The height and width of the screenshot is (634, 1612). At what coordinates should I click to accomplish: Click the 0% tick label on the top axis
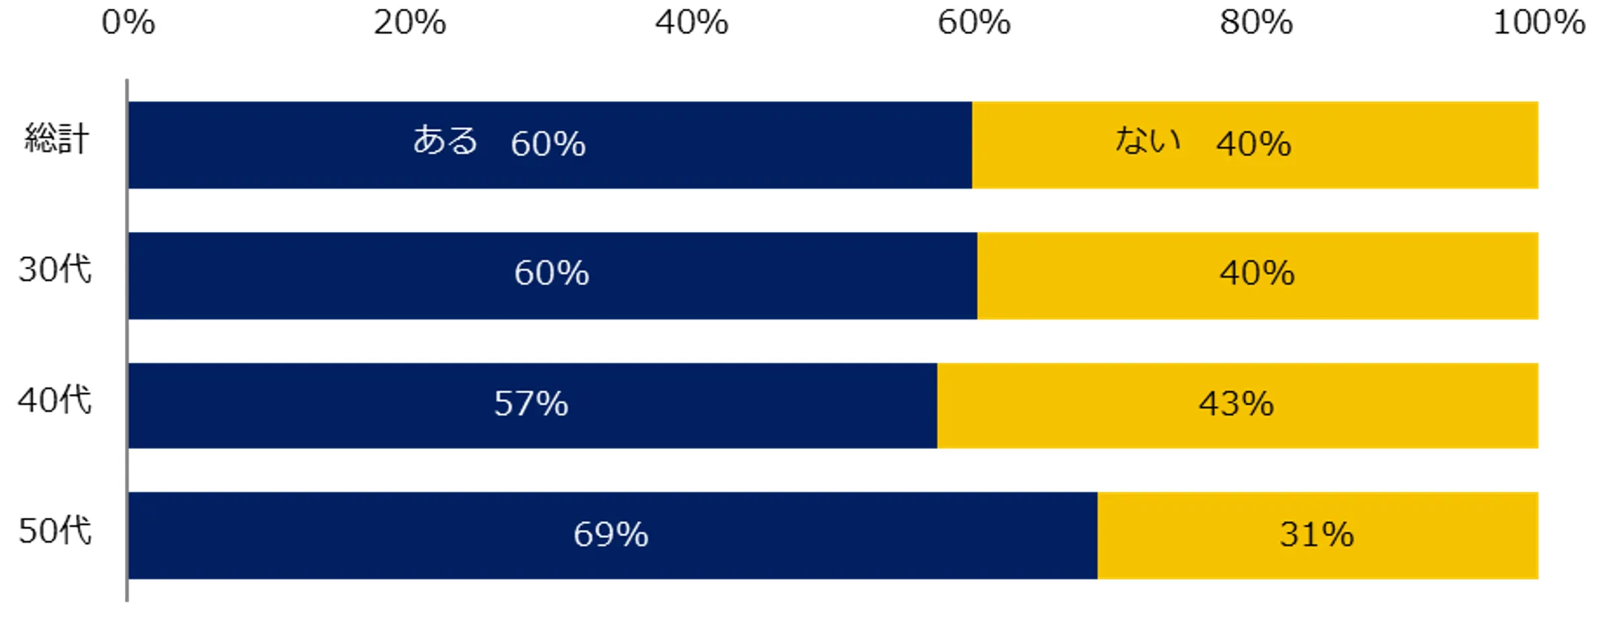(x=128, y=22)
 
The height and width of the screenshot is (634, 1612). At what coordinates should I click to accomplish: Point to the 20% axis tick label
(x=410, y=22)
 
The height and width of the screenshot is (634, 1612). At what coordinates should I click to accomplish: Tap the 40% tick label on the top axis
(x=691, y=22)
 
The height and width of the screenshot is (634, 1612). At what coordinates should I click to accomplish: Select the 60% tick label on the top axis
(x=974, y=22)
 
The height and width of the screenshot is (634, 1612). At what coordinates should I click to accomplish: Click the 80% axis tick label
(x=1255, y=22)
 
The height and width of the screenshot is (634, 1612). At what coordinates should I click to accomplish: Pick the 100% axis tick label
(x=1538, y=22)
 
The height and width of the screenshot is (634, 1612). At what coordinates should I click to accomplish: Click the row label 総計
(x=56, y=139)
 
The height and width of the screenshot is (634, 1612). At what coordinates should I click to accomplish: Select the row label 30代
(x=55, y=269)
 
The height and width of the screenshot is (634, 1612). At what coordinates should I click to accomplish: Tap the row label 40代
(x=55, y=400)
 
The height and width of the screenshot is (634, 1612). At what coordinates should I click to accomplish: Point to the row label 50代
(x=55, y=531)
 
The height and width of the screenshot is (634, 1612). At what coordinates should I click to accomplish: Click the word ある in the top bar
(x=445, y=140)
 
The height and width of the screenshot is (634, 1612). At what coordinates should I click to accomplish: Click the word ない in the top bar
(x=1148, y=140)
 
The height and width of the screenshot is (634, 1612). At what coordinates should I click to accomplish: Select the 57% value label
(x=531, y=404)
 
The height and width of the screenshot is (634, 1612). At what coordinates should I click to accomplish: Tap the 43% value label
(x=1236, y=404)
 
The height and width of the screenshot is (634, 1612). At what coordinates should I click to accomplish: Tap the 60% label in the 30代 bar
(x=551, y=274)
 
